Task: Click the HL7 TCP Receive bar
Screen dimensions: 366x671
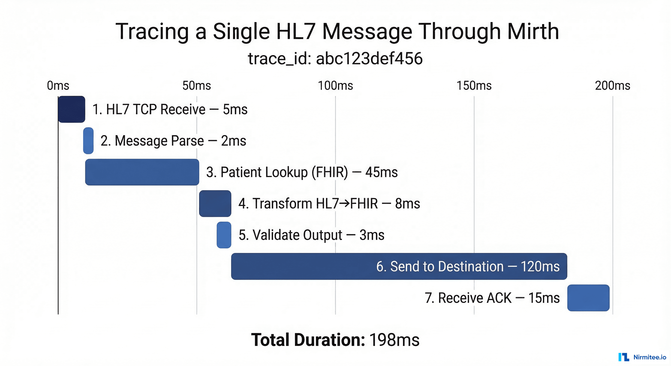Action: [72, 109]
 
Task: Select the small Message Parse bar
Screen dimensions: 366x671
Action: [88, 141]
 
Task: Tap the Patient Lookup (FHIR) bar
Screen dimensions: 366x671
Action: [142, 172]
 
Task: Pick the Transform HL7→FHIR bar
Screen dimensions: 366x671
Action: [215, 203]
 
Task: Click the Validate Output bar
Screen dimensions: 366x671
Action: [224, 235]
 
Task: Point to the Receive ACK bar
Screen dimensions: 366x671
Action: [588, 298]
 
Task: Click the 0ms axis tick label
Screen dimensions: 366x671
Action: [58, 86]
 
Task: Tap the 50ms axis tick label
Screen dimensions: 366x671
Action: [197, 86]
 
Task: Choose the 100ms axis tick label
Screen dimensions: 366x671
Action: [335, 86]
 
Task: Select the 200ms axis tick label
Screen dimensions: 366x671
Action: [613, 86]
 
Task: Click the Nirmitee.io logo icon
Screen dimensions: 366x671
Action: [624, 357]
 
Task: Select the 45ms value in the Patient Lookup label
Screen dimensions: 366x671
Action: [381, 172]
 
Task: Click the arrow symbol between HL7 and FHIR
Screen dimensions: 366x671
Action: [344, 203]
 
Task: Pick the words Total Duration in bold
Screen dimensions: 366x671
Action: [308, 340]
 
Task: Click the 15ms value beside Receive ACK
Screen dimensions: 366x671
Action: [544, 298]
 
